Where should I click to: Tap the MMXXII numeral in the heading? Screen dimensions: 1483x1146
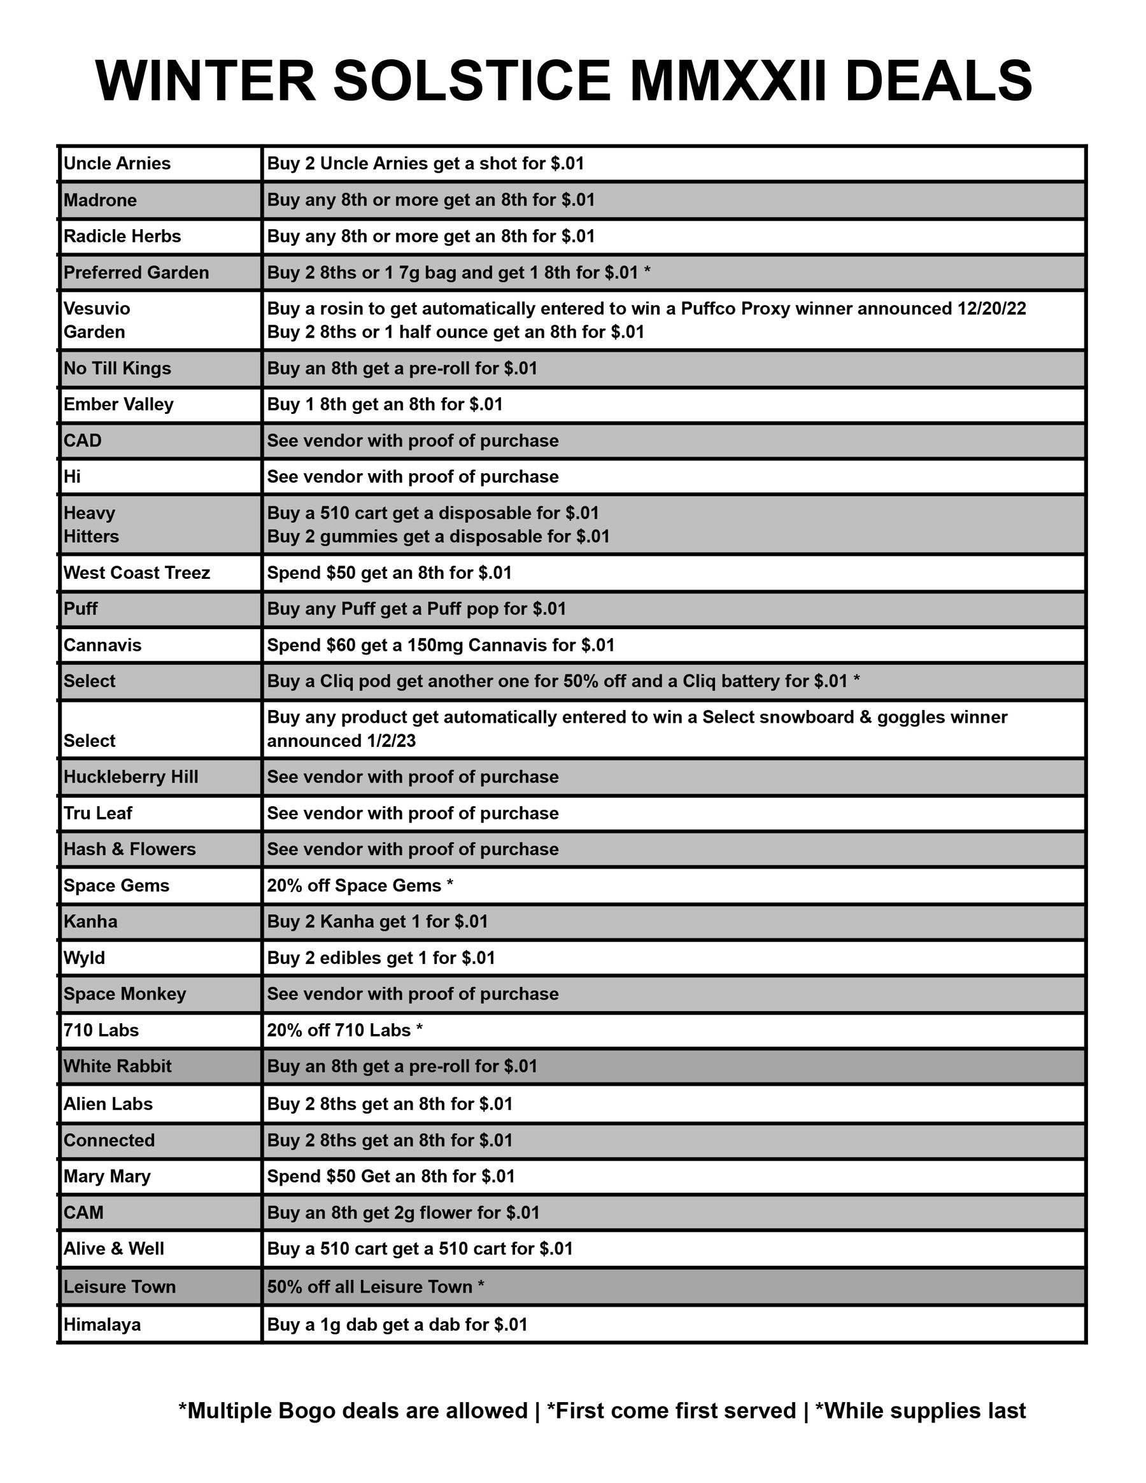click(x=728, y=81)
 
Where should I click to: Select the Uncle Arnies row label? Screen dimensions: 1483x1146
click(x=117, y=164)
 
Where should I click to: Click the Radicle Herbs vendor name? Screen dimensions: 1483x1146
click(x=122, y=236)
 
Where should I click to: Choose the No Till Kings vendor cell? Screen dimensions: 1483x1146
click(x=117, y=369)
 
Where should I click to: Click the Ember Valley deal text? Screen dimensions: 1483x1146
click(x=385, y=405)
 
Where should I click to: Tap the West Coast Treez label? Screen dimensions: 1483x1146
click(x=136, y=573)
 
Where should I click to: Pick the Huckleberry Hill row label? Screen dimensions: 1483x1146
click(x=131, y=777)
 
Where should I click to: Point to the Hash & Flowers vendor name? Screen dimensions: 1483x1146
click(x=129, y=849)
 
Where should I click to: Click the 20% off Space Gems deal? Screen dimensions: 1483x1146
click(x=360, y=886)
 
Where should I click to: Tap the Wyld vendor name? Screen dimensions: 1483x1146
click(x=84, y=958)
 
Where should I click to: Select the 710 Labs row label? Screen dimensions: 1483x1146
click(x=101, y=1030)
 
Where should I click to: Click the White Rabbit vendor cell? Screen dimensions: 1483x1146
click(x=117, y=1066)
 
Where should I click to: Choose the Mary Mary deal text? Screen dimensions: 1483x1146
click(x=390, y=1176)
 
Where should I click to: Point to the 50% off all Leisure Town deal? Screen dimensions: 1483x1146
click(x=375, y=1287)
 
